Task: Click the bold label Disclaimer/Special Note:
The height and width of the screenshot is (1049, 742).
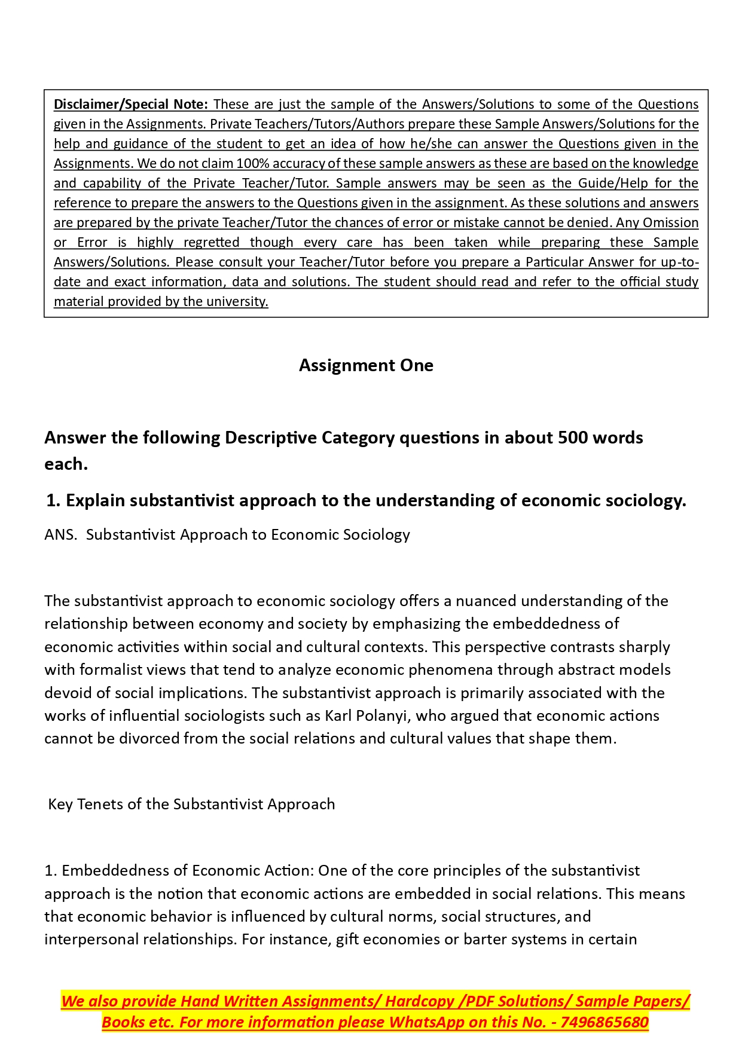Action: (130, 105)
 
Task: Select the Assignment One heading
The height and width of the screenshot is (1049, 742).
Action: (366, 365)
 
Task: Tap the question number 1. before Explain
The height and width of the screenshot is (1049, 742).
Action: (53, 501)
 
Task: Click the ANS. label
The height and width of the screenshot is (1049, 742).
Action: (60, 535)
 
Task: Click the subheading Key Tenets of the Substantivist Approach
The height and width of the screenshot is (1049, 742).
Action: (191, 805)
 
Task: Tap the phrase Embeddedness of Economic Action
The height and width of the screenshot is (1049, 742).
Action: (187, 871)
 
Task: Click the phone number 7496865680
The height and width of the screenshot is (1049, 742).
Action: (604, 1023)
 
